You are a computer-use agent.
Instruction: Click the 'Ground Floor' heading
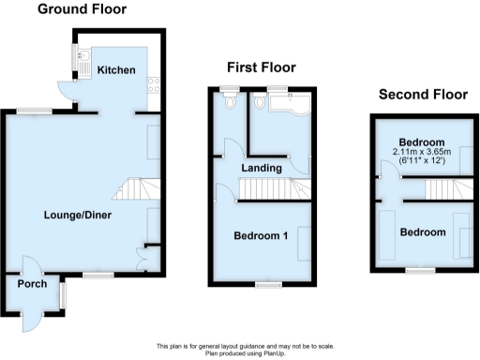82,9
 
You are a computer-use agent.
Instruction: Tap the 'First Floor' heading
262,67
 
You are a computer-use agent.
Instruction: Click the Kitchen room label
118,70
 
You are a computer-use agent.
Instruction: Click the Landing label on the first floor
262,168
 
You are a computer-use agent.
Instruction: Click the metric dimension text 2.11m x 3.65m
423,151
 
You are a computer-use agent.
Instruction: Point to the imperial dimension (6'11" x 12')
423,160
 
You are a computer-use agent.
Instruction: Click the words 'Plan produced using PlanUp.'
240,352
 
